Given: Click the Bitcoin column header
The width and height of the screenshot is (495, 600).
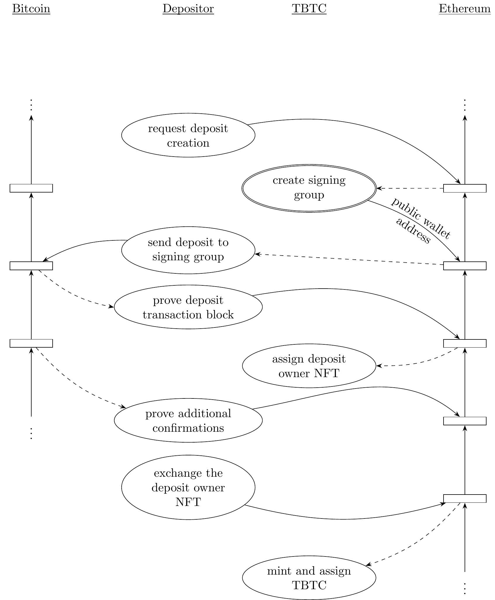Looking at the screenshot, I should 31,9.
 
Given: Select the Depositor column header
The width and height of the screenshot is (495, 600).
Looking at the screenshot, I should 188,9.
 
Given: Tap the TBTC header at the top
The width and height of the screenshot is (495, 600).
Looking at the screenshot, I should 309,9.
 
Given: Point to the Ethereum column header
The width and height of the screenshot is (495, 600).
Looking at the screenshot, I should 465,9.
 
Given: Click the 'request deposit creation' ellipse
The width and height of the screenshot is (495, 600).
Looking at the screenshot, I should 188,136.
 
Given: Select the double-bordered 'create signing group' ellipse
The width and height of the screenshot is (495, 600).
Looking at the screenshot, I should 309,188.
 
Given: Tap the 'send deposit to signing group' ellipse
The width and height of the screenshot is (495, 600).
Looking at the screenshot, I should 188,250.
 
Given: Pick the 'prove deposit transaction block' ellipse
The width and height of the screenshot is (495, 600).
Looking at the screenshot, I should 188,307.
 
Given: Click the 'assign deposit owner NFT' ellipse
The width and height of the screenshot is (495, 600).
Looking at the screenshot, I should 309,366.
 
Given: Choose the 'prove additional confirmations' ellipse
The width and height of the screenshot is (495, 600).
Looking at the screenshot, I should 188,421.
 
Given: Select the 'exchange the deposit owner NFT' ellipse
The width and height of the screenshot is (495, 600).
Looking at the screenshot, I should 188,488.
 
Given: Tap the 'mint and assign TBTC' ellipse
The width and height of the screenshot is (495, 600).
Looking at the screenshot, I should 309,578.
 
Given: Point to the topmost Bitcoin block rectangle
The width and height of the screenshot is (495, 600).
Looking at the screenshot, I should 31,188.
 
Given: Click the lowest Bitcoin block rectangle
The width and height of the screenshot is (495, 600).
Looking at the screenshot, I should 31,343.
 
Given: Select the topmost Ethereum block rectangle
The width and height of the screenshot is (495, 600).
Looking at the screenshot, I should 465,188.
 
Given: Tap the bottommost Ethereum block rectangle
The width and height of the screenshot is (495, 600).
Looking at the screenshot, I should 465,499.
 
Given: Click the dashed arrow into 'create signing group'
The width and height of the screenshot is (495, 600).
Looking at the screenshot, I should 409,188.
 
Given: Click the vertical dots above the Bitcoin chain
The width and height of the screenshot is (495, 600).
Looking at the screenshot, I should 31,105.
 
